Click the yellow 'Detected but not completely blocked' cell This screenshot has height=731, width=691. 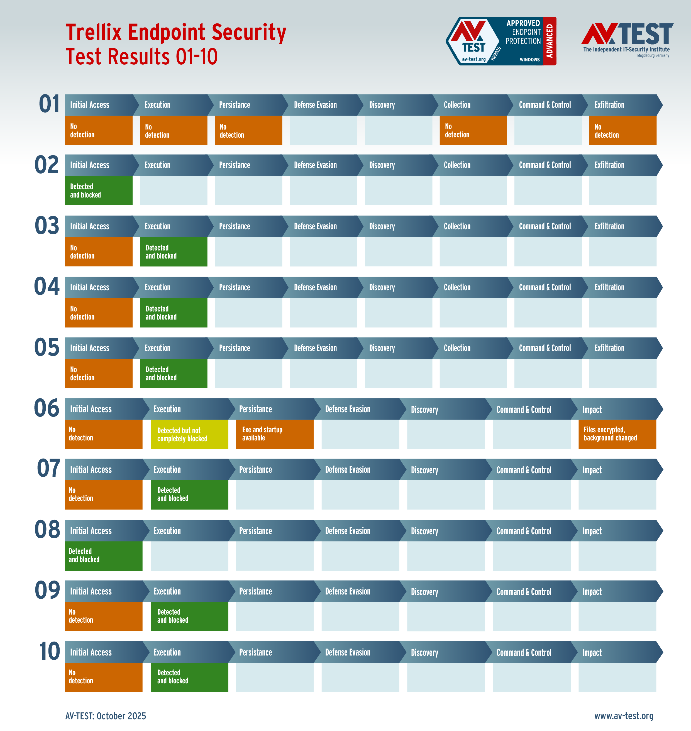[x=189, y=434]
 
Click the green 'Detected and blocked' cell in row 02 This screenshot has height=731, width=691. [x=99, y=191]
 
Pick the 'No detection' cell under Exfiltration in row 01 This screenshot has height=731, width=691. [x=622, y=130]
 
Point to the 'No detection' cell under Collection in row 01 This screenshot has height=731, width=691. [x=473, y=130]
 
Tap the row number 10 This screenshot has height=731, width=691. [x=49, y=651]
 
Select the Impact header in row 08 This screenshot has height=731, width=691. [x=592, y=531]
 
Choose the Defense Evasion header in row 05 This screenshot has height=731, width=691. [x=315, y=348]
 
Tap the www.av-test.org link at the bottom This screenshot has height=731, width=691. [x=624, y=715]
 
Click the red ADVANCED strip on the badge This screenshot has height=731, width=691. [x=550, y=41]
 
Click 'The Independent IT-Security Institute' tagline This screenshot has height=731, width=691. [x=626, y=49]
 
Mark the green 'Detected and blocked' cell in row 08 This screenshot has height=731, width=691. [x=104, y=555]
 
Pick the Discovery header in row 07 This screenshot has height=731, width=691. [x=424, y=470]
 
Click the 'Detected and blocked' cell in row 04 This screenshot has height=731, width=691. [x=174, y=313]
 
